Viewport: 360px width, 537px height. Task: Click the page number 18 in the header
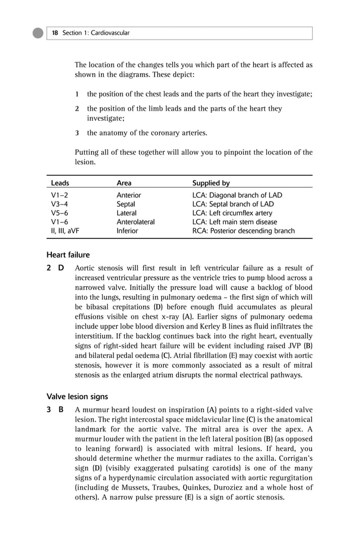tap(55, 33)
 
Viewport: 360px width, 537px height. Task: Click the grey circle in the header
tap(38, 33)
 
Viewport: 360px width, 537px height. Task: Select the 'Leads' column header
tap(60, 183)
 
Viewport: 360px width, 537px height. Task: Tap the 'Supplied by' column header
tap(211, 183)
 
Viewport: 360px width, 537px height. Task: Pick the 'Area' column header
tap(124, 183)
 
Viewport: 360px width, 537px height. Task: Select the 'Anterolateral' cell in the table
tap(135, 222)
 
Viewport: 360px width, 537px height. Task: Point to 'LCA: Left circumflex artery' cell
tap(232, 213)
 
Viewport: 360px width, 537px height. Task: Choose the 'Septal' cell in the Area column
tap(126, 204)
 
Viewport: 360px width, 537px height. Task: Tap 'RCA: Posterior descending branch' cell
tap(243, 231)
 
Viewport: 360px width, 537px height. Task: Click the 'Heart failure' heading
tap(68, 255)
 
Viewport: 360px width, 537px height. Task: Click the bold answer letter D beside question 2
tap(61, 268)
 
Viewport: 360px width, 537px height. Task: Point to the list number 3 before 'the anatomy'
tap(77, 133)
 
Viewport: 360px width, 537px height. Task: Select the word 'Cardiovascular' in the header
tap(111, 33)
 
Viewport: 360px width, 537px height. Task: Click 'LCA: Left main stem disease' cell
tap(234, 222)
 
